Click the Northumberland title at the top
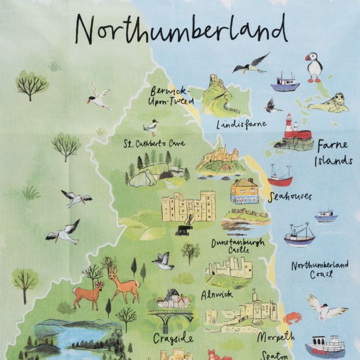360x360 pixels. coord(181,28)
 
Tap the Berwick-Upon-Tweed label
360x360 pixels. coord(172,95)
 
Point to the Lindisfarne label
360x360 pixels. coord(242,124)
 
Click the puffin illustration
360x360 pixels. coord(314,67)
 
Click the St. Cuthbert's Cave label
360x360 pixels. coord(154,144)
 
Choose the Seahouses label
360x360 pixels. coord(290,196)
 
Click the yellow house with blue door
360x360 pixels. coord(244,191)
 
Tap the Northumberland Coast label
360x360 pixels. coord(320,269)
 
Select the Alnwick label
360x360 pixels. coord(216,295)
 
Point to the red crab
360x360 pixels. coord(293,317)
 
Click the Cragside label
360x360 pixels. coord(173,339)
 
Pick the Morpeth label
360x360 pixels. coord(276,337)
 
